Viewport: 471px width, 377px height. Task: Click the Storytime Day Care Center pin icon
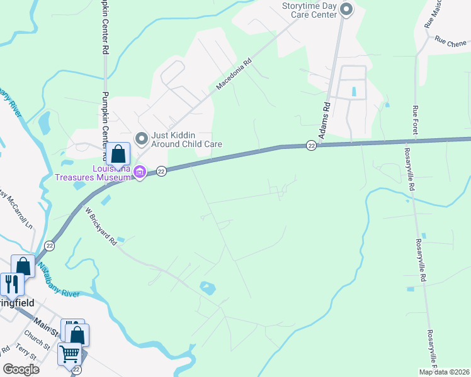[x=345, y=9]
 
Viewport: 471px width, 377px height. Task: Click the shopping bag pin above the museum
[x=118, y=154]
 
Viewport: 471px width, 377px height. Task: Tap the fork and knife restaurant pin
[x=11, y=284]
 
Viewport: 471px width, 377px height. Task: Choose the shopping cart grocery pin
[x=69, y=354]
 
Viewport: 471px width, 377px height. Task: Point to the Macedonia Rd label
[x=234, y=74]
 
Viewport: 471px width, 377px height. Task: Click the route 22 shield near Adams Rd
[x=311, y=145]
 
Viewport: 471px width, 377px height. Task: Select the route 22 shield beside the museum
[x=161, y=171]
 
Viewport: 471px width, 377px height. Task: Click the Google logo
[x=21, y=369]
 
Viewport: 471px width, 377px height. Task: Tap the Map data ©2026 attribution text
[x=444, y=372]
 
